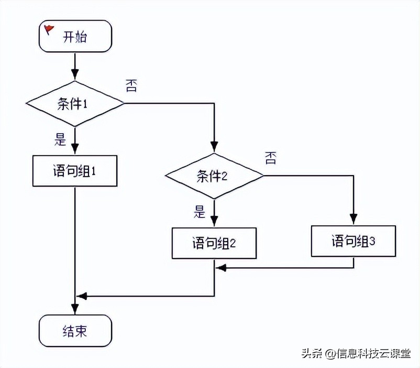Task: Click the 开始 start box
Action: coord(75,36)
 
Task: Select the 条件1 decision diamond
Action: coord(75,104)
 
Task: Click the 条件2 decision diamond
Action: coord(214,176)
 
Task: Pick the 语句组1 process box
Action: coord(75,171)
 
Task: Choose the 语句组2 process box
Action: coord(214,243)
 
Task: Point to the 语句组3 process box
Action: coord(353,241)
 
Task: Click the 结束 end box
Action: coord(75,331)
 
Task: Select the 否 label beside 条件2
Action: coord(270,158)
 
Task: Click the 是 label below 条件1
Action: coord(60,139)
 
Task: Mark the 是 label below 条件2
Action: coord(200,212)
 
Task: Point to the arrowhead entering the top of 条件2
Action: coord(214,147)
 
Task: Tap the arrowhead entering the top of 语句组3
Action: coord(353,220)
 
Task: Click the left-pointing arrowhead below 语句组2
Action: coord(221,268)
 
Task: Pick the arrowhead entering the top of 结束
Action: coord(75,310)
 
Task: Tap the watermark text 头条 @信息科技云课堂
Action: coord(356,353)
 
